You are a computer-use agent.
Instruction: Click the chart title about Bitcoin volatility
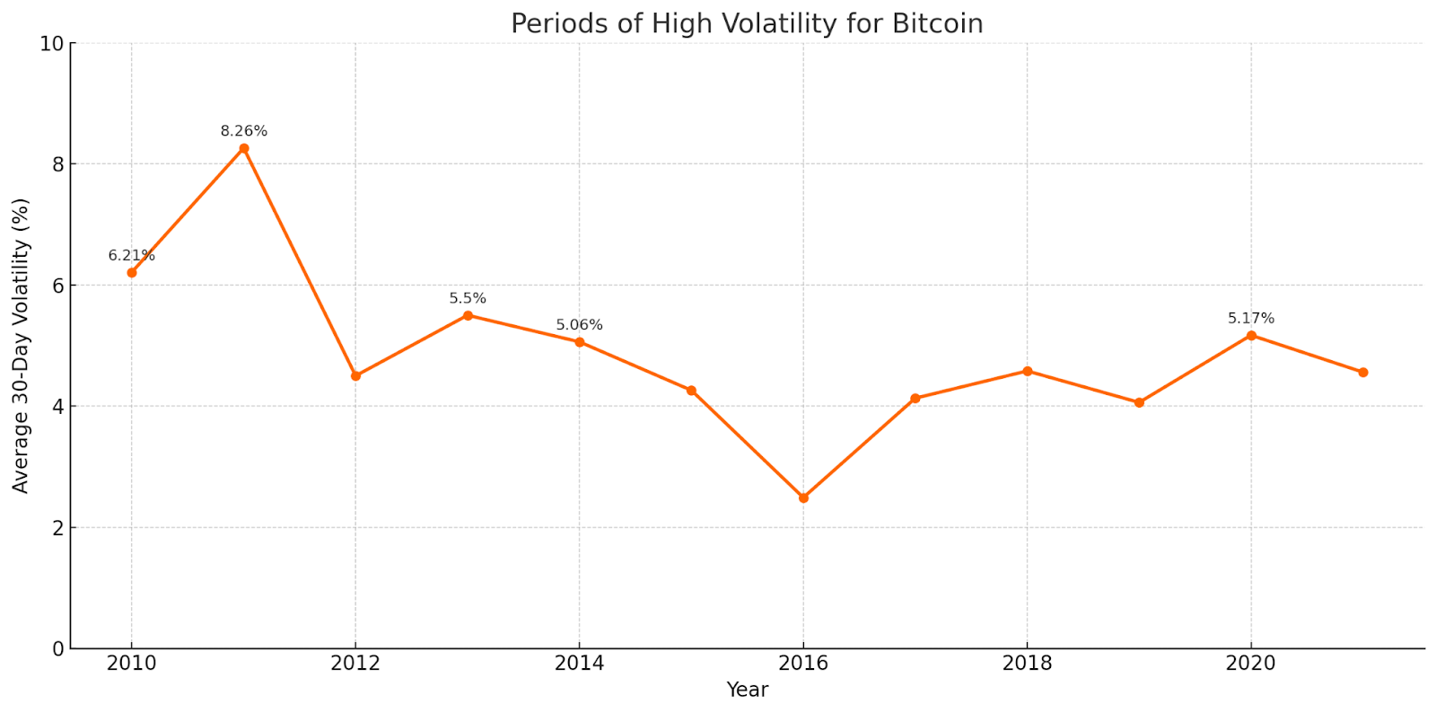[x=747, y=23]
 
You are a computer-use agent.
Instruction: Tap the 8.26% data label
[x=244, y=132]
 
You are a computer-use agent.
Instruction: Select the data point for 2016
[x=803, y=497]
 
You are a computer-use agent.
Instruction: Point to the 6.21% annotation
[x=132, y=256]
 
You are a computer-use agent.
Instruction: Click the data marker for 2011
[x=244, y=148]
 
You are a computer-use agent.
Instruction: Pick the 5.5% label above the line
[x=468, y=299]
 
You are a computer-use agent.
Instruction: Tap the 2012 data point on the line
[x=355, y=375]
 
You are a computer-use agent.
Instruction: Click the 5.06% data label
[x=579, y=325]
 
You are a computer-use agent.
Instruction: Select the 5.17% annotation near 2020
[x=1251, y=319]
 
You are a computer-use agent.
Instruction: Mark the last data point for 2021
[x=1363, y=372]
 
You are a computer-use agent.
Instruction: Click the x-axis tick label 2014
[x=579, y=664]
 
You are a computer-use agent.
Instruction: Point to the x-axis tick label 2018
[x=1027, y=664]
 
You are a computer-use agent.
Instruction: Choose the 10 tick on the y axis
[x=52, y=43]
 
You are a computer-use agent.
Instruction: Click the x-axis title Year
[x=747, y=690]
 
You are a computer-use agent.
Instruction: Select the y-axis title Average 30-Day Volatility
[x=22, y=346]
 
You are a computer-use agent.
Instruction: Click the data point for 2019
[x=1139, y=402]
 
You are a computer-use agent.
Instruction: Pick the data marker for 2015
[x=691, y=391]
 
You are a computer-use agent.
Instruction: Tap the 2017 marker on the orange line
[x=915, y=398]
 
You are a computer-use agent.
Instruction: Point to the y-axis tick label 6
[x=58, y=286]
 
